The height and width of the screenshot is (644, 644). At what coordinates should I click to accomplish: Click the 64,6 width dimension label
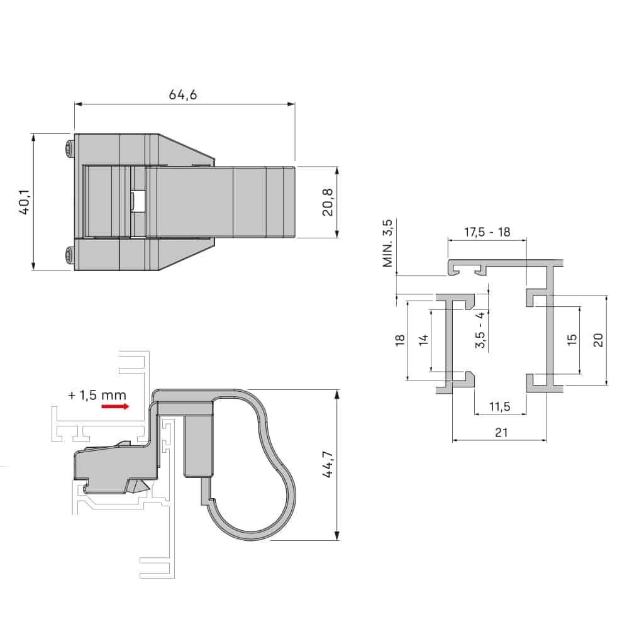point(183,95)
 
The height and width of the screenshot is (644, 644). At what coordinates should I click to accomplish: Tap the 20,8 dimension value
point(327,203)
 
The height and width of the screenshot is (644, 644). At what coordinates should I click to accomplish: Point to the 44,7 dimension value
point(327,465)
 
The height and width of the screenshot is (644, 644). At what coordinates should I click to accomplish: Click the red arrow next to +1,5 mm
point(115,407)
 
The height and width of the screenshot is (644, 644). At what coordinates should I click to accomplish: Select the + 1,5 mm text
point(97,395)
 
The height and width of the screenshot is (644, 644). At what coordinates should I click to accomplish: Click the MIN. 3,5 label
point(387,243)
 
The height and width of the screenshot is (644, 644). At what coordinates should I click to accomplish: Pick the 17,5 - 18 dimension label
point(487,231)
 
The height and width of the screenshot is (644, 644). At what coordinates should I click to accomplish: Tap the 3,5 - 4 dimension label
point(480,331)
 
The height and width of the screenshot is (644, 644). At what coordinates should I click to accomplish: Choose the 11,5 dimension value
point(499,407)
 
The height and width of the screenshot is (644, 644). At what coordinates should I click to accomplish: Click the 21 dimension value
point(501,433)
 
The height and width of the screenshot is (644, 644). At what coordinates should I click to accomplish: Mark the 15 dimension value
point(571,340)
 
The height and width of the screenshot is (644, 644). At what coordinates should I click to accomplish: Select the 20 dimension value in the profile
point(598,340)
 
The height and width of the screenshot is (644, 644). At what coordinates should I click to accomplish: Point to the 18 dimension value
point(399,340)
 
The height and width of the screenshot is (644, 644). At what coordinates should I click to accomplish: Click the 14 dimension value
point(423,340)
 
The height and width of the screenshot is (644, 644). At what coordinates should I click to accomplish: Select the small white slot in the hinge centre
point(138,202)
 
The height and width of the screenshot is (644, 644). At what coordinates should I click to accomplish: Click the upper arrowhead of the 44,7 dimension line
point(338,394)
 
